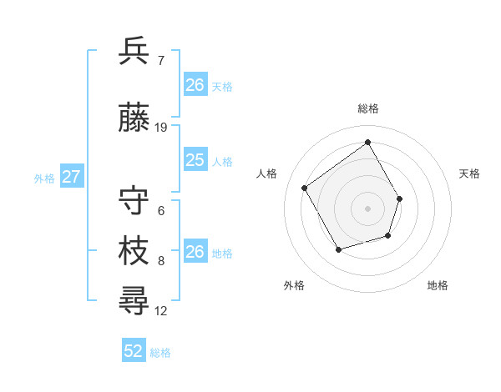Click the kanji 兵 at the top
tap(134, 52)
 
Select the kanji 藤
tap(134, 119)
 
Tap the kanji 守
tap(134, 201)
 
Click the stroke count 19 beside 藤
tap(161, 128)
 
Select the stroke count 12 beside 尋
tap(161, 311)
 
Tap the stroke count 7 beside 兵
tap(160, 60)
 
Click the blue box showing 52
tap(134, 351)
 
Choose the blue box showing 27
tap(72, 177)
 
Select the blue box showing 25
tap(195, 160)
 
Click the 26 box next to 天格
tap(195, 85)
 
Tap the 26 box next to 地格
tap(195, 252)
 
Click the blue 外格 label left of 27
tap(44, 178)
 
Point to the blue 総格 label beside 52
tap(160, 353)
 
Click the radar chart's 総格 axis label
tap(367, 108)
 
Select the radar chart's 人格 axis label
tap(267, 173)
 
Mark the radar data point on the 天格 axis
tap(400, 199)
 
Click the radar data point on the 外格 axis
tap(338, 249)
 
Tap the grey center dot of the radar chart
tap(367, 209)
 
